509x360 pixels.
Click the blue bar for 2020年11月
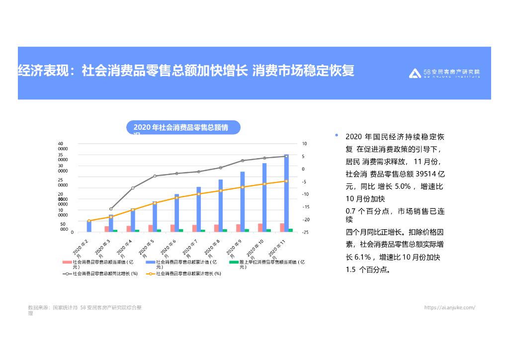[286, 193]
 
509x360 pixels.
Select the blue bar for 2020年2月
[89, 226]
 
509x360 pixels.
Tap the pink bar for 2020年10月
[260, 228]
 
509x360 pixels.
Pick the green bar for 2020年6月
[181, 230]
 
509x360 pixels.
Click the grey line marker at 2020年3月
[111, 209]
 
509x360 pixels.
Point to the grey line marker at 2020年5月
[155, 176]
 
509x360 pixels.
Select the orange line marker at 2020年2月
[89, 221]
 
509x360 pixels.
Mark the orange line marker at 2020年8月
[220, 190]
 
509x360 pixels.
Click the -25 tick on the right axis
[304, 232]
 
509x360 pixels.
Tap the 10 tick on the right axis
[304, 144]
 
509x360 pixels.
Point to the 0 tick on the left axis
[72, 232]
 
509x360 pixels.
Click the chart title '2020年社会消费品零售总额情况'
[183, 128]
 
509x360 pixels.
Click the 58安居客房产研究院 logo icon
[415, 74]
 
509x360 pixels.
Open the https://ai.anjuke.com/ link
[449, 307]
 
